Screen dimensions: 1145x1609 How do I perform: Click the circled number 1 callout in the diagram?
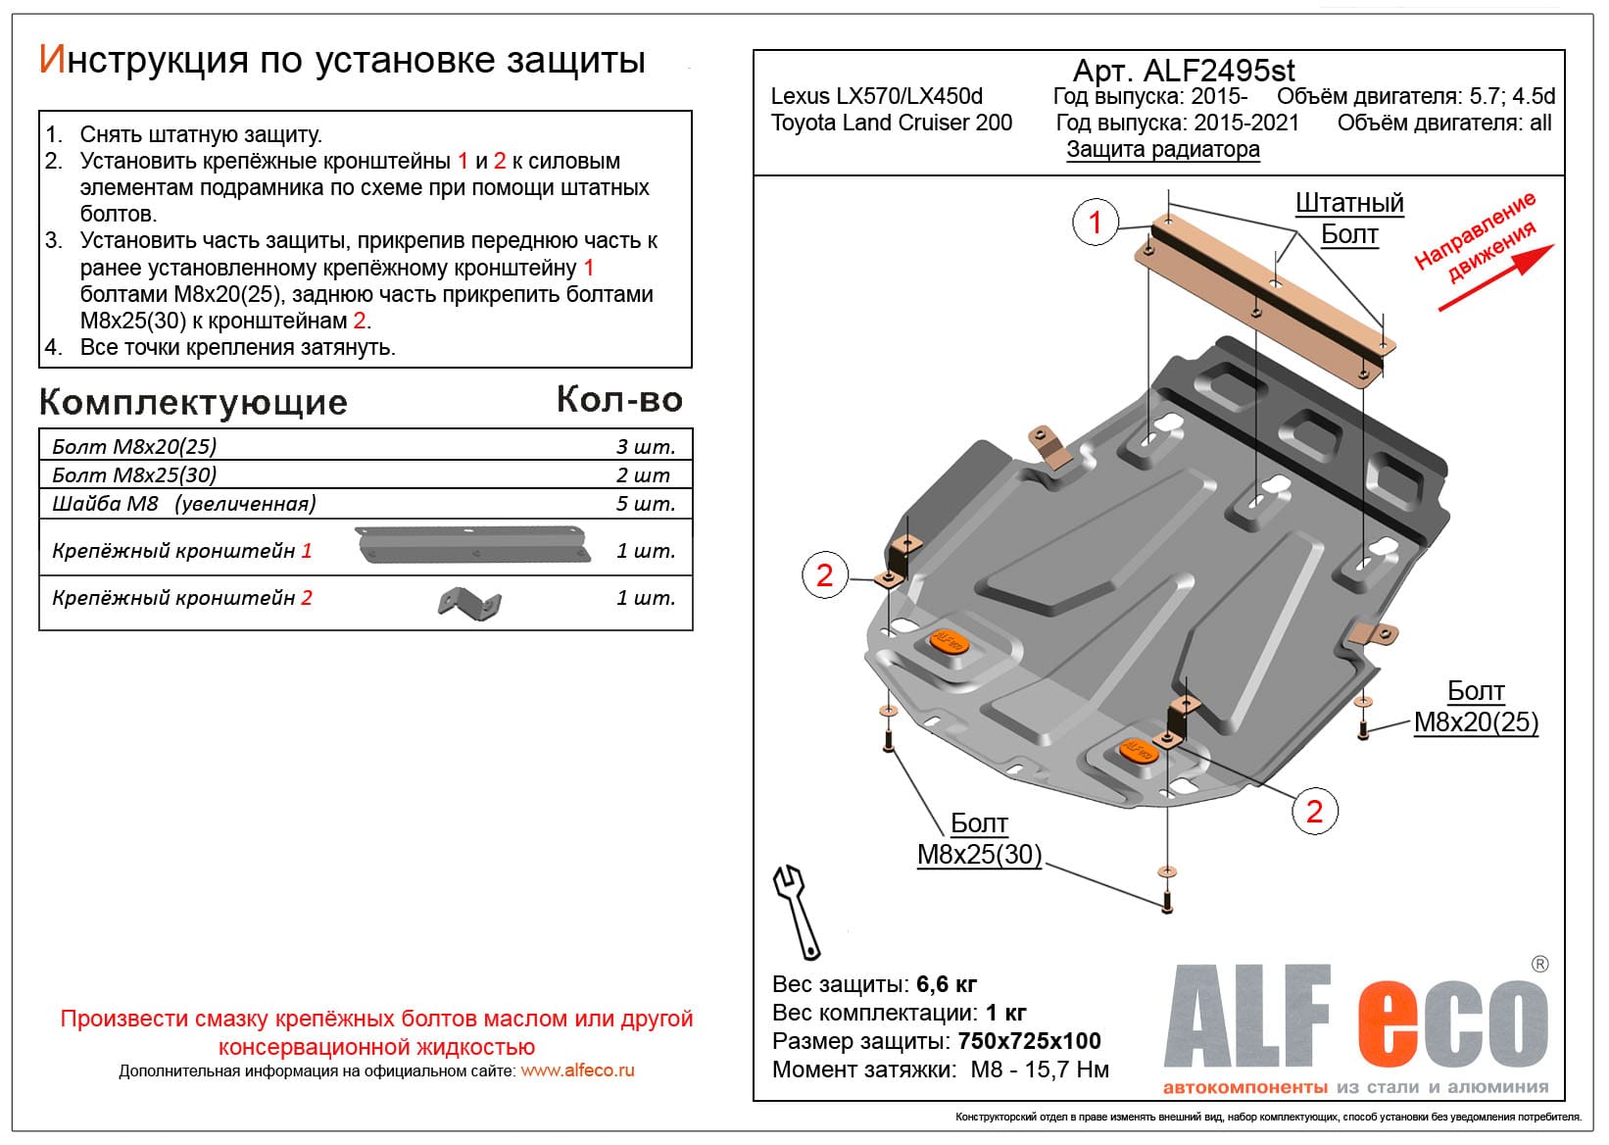pyautogui.click(x=1096, y=223)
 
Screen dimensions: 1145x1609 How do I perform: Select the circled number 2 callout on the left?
pyautogui.click(x=824, y=575)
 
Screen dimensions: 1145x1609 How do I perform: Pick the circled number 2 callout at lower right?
pyautogui.click(x=1314, y=811)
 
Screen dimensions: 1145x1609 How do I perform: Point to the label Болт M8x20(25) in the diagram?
pyautogui.click(x=1476, y=708)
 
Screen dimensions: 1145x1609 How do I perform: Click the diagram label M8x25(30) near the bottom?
pyautogui.click(x=979, y=854)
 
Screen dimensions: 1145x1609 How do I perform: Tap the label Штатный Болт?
pyautogui.click(x=1349, y=219)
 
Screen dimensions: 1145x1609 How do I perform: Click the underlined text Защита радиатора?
pyautogui.click(x=1163, y=149)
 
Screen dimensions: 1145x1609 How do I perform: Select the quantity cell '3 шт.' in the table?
pyautogui.click(x=645, y=446)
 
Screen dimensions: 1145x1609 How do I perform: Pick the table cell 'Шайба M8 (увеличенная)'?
pyautogui.click(x=184, y=504)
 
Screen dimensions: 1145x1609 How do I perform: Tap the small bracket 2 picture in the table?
pyautogui.click(x=469, y=602)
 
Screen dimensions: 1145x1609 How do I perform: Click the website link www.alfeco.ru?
pyautogui.click(x=577, y=1070)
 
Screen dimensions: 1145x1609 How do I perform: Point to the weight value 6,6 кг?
pyautogui.click(x=946, y=984)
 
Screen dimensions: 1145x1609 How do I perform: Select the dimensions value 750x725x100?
pyautogui.click(x=1029, y=1041)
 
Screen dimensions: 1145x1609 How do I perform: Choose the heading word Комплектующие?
pyautogui.click(x=193, y=402)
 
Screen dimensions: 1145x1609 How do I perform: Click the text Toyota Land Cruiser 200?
pyautogui.click(x=891, y=123)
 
